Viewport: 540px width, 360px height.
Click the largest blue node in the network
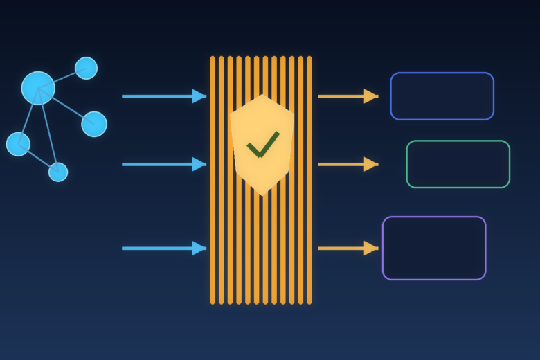point(38,88)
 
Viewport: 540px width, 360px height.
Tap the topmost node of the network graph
point(86,68)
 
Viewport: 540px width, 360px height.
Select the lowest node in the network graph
point(58,172)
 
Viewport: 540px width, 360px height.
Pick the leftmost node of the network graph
point(18,144)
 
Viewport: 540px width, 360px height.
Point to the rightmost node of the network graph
point(94,124)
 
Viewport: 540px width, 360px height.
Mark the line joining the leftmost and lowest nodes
point(39,159)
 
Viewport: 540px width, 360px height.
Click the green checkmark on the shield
point(262,144)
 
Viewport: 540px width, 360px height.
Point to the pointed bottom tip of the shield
point(262,195)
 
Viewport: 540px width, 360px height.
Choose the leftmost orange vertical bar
point(213,180)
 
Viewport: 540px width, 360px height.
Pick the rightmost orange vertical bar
point(309,180)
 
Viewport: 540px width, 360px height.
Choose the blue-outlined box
point(442,96)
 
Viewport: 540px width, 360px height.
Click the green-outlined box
point(458,164)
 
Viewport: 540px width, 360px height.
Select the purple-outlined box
point(434,248)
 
